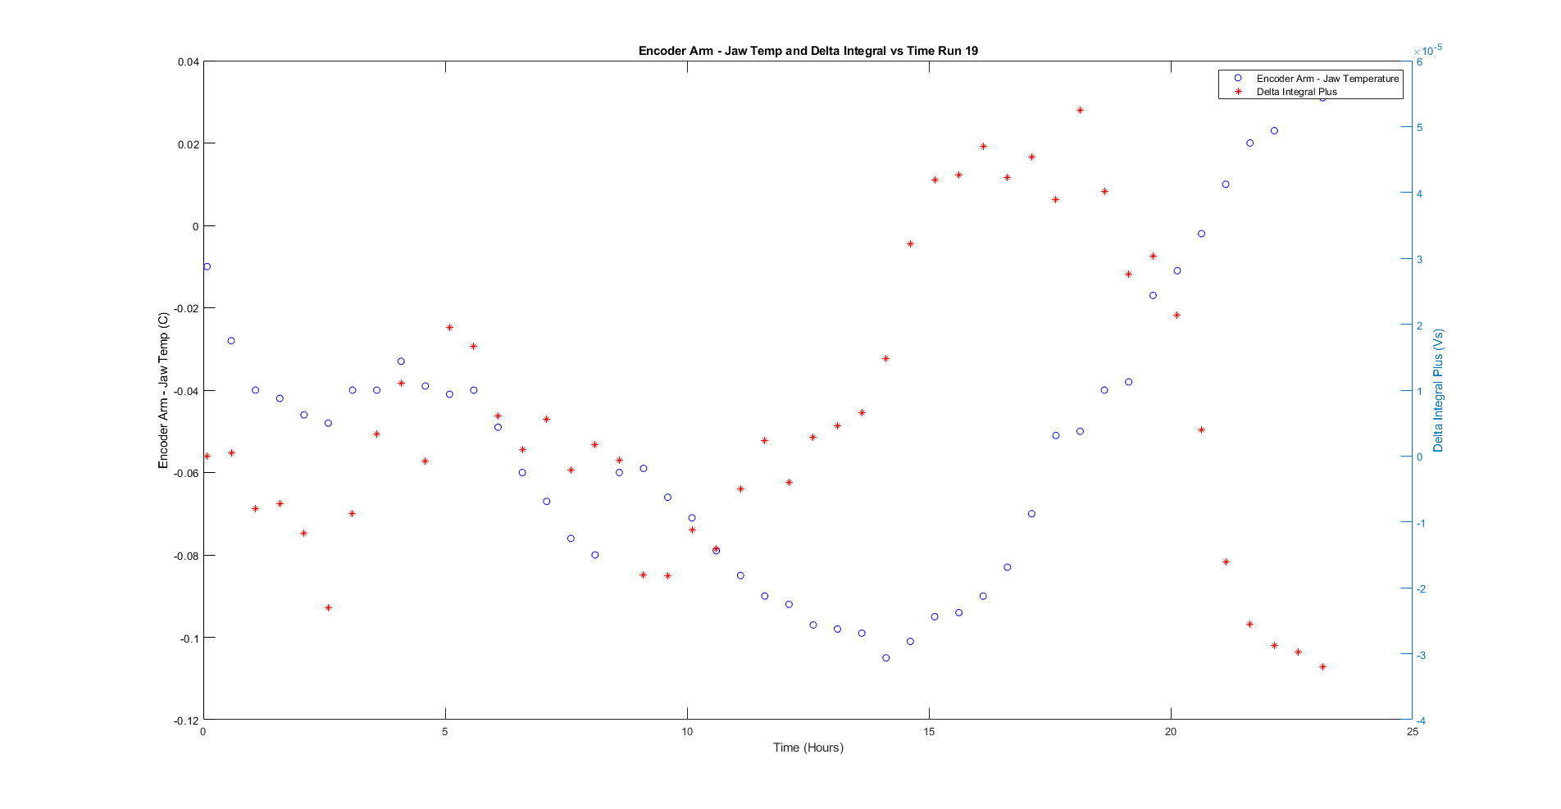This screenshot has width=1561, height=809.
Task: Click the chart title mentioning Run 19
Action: (808, 51)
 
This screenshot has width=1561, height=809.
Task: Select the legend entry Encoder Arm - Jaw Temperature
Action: (1327, 79)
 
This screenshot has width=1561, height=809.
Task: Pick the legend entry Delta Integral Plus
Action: (1296, 92)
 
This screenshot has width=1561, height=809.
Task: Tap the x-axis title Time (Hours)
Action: (808, 748)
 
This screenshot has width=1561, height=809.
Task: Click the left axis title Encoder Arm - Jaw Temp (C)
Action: (163, 391)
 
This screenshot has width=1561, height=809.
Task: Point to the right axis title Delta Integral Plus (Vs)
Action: (1438, 391)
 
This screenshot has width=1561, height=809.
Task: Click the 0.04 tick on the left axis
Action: (188, 61)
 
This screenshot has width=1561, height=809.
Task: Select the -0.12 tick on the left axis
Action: (186, 720)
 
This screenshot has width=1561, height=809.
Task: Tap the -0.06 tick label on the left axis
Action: (186, 473)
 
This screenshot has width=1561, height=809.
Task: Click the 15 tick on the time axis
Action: (929, 732)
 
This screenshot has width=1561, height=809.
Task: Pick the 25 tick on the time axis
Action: (1412, 732)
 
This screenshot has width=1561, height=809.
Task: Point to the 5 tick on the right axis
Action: (1420, 128)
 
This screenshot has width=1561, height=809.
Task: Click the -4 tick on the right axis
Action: (1421, 720)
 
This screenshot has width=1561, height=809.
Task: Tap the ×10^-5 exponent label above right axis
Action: (1427, 50)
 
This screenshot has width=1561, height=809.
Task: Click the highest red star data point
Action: (1080, 110)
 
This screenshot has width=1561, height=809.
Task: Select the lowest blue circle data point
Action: (885, 658)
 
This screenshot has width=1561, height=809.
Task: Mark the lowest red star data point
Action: (1322, 667)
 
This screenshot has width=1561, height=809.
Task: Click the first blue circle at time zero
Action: (207, 266)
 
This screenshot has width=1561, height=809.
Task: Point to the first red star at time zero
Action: (207, 456)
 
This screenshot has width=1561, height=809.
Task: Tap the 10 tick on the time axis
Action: (687, 732)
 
